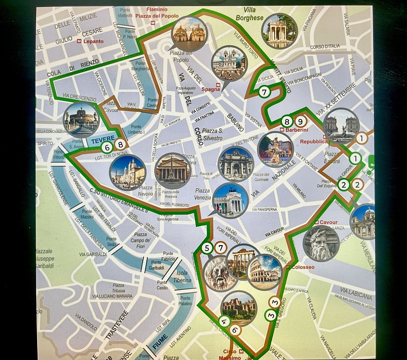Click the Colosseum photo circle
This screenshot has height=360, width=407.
(x=265, y=273)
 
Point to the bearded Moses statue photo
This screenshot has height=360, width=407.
(x=321, y=243)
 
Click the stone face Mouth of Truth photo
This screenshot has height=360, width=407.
(x=220, y=274)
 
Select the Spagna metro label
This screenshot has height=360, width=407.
(x=225, y=87)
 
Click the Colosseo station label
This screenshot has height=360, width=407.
(x=302, y=267)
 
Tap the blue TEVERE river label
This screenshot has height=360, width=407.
(x=104, y=138)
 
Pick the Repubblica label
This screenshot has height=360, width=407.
(x=314, y=141)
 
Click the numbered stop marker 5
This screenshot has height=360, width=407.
(x=207, y=248)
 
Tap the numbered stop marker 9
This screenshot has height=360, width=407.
(x=300, y=122)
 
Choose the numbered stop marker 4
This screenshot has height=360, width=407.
(x=223, y=321)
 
